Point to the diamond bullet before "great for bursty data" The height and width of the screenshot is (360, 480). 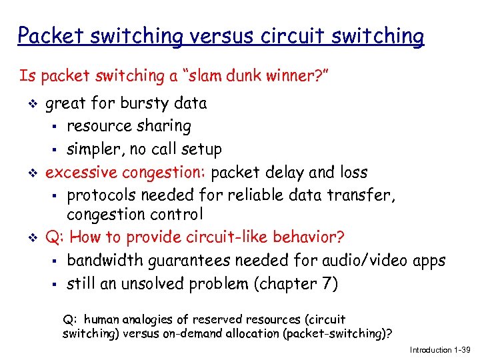tap(28, 104)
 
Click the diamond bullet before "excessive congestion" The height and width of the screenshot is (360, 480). tap(28, 173)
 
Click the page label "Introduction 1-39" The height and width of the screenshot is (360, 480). tap(439, 349)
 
